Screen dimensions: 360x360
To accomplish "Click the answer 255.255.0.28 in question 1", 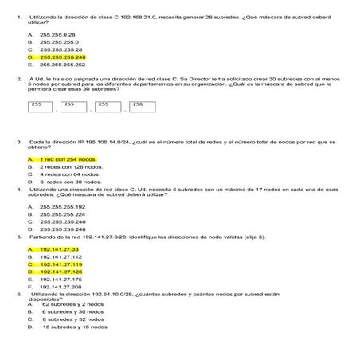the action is pos(57,35).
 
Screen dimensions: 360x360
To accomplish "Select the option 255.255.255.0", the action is pos(57,42).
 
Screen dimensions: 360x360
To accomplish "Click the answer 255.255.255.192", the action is pos(62,206).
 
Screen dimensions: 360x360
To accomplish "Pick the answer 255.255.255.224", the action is pos(62,214).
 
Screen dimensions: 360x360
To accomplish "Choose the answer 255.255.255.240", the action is pos(62,221).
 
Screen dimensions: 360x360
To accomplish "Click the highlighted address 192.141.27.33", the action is pos(59,249).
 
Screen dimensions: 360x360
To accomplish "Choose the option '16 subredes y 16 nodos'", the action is pos(75,327).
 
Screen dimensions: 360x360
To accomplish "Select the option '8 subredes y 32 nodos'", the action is pos(73,319).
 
